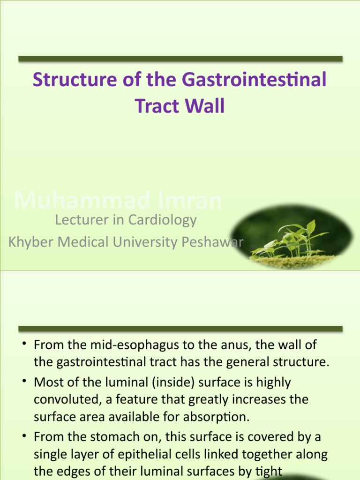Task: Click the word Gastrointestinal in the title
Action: tap(254, 79)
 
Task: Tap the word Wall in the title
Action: tap(204, 106)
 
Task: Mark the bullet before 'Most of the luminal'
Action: tap(23, 381)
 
